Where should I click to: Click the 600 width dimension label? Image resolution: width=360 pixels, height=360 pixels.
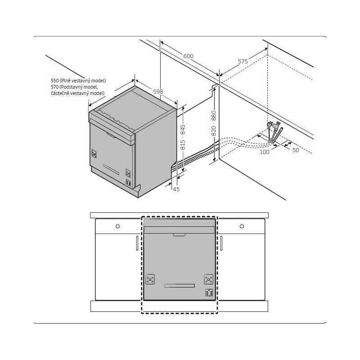click(x=188, y=56)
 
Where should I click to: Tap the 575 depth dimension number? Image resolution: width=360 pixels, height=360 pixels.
click(x=243, y=61)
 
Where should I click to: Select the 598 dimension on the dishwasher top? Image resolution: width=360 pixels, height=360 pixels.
click(x=158, y=91)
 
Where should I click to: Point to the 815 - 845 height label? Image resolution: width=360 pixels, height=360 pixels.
click(x=183, y=137)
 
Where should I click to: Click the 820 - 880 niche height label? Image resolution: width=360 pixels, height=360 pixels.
click(x=213, y=123)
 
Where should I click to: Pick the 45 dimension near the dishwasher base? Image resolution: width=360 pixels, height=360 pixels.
click(x=176, y=189)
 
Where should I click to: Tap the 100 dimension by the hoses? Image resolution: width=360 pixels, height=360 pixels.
click(x=264, y=152)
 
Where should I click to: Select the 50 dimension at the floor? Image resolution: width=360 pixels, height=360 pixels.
click(x=296, y=150)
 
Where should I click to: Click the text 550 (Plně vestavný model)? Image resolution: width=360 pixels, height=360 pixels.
click(x=78, y=81)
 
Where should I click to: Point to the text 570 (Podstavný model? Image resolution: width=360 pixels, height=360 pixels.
click(x=74, y=87)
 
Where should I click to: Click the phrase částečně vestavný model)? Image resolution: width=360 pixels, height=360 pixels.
click(x=77, y=93)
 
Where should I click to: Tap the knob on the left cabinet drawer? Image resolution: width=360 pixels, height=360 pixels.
click(x=117, y=226)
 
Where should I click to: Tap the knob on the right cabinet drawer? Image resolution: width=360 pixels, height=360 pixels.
click(x=242, y=226)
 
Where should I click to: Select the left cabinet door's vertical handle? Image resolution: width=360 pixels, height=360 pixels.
click(x=137, y=243)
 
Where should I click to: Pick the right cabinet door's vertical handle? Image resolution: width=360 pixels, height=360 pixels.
click(x=221, y=243)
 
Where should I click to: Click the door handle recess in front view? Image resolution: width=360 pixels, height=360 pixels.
click(x=179, y=235)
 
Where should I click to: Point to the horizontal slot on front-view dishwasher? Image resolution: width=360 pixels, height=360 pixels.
click(x=180, y=286)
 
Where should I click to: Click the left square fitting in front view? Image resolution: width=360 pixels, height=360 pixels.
click(x=150, y=279)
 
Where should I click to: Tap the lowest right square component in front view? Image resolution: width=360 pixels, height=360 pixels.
click(x=209, y=292)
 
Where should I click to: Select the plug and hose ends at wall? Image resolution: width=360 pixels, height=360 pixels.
click(x=274, y=132)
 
